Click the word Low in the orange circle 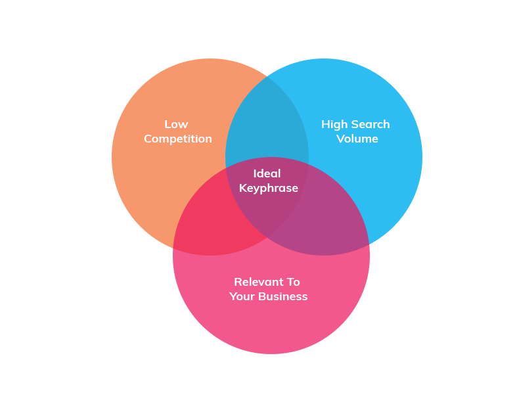pos(176,124)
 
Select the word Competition pos(178,139)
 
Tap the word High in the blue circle pos(334,124)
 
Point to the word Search pos(369,124)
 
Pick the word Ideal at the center pos(267,173)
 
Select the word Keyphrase pos(268,188)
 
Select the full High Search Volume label pos(355,131)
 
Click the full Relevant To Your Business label pos(268,289)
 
